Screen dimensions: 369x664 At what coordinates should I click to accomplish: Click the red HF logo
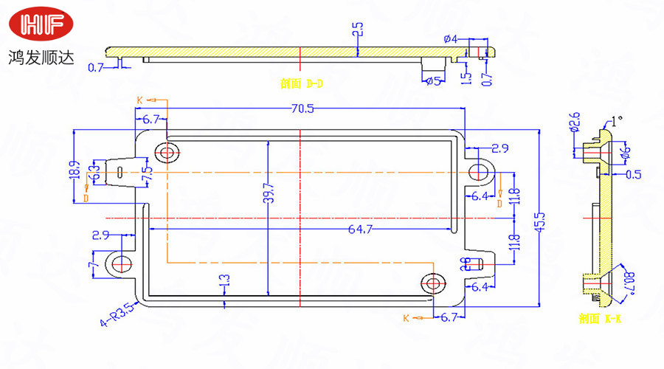42,26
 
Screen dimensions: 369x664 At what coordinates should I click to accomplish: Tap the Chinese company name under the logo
42,58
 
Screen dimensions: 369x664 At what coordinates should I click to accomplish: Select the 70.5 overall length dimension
302,109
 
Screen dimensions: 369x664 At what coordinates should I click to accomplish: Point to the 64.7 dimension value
359,230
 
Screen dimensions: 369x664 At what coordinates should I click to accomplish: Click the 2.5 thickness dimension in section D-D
357,30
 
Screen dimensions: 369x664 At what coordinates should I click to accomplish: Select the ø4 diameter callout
451,38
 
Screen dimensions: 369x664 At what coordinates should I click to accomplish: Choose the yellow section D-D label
302,83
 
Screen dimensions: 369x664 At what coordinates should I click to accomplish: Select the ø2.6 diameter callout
575,123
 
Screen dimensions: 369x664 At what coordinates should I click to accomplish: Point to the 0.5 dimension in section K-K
633,175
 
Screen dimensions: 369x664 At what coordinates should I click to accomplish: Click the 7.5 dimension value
148,175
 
